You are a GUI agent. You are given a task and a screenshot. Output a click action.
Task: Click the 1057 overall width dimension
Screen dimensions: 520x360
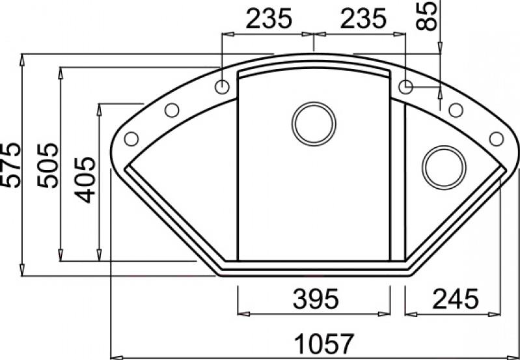pyautogui.click(x=324, y=344)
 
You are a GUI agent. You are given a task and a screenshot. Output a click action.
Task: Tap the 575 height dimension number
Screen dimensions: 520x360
pyautogui.click(x=10, y=165)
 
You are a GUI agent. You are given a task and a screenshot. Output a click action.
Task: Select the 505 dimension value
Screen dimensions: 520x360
pyautogui.click(x=48, y=165)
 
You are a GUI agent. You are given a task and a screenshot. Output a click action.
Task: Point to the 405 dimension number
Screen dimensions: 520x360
pyautogui.click(x=85, y=180)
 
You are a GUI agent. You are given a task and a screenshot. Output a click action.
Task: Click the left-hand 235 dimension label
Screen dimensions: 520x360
pyautogui.click(x=269, y=18)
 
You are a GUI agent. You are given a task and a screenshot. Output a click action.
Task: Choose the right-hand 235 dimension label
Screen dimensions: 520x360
pyautogui.click(x=363, y=18)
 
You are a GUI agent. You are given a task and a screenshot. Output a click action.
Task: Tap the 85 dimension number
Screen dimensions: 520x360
pyautogui.click(x=426, y=15)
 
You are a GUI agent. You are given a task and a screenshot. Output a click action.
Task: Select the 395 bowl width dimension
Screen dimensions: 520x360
pyautogui.click(x=316, y=298)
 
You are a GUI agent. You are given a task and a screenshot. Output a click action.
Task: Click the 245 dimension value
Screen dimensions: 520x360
pyautogui.click(x=456, y=298)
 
